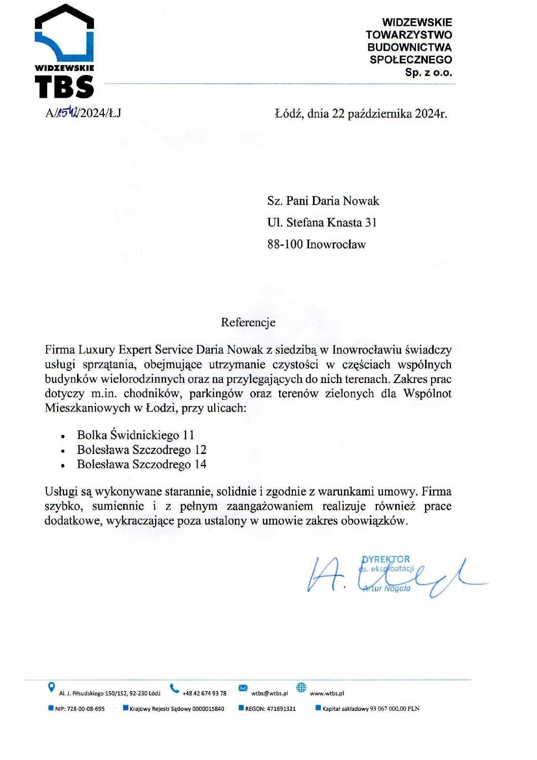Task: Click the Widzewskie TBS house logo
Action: point(64,51)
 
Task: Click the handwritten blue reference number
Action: point(66,112)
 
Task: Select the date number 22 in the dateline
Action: point(338,113)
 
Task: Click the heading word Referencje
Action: point(248,322)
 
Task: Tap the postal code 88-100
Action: point(285,244)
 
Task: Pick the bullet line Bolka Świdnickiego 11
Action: point(135,435)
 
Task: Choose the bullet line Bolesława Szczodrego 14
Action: point(141,464)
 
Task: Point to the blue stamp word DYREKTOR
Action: point(386,559)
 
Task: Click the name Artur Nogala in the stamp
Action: point(387,588)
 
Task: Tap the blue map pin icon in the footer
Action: point(51,688)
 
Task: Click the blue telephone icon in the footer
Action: point(175,688)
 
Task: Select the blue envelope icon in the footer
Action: point(243,688)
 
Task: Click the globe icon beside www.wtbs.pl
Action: point(301,688)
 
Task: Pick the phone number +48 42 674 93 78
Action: point(204,693)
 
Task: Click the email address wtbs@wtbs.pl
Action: point(270,693)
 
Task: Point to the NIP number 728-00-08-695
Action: point(86,709)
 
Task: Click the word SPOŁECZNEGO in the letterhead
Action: point(411,60)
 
